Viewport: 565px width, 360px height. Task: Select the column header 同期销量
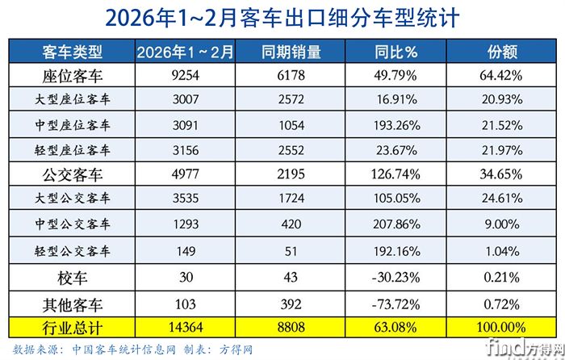291,53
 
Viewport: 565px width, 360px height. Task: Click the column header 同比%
395,53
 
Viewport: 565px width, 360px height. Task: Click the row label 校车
71,278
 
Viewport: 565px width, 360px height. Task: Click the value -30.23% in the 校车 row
395,278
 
